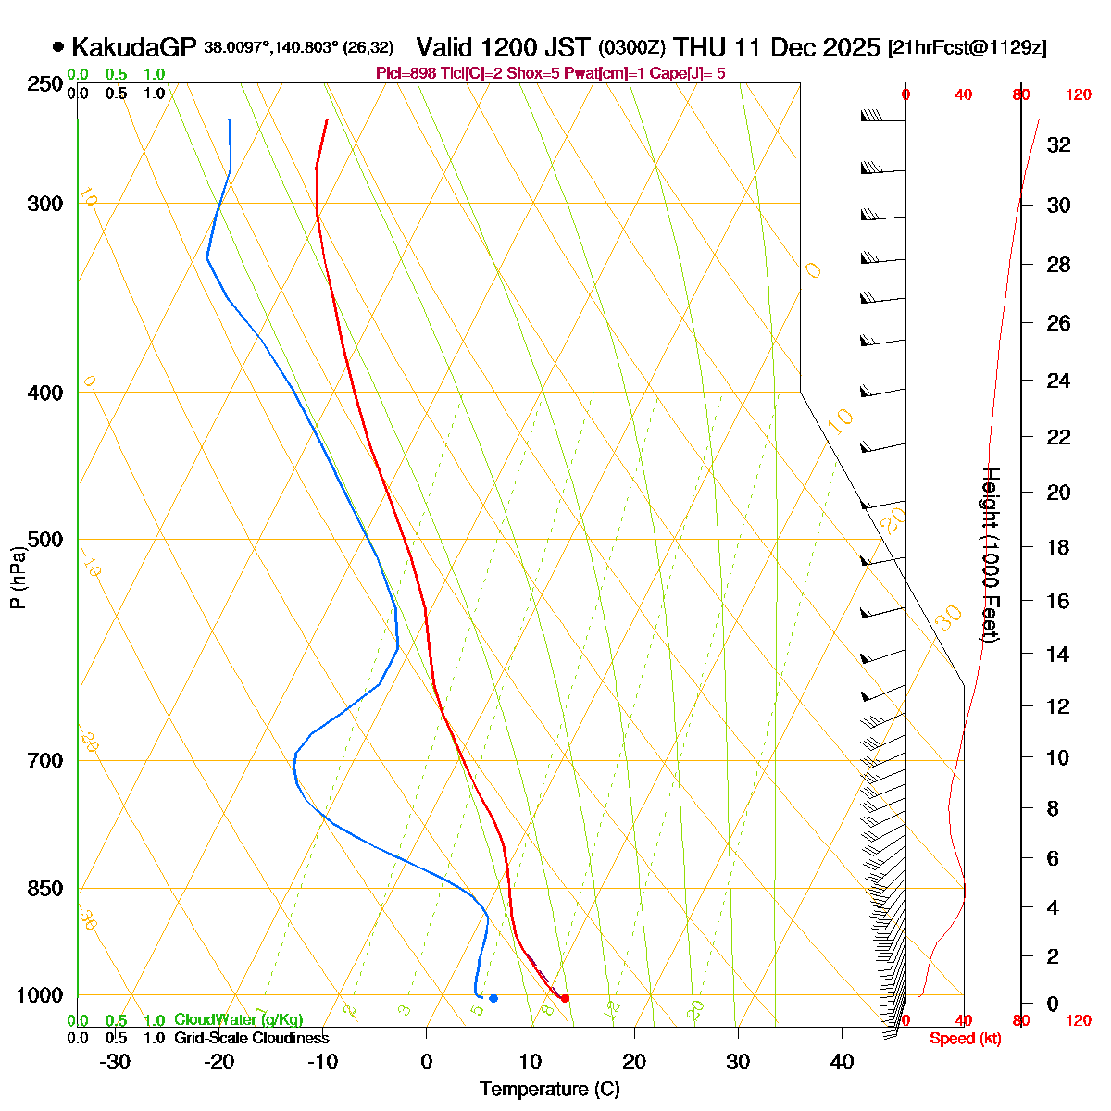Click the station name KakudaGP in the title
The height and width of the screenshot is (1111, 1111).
pos(134,47)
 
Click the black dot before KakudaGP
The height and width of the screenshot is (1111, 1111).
pos(58,46)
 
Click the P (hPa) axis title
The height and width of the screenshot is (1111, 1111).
pos(18,578)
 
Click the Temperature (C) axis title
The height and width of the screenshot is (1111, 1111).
pos(549,1089)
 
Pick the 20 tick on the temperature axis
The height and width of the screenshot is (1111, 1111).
pos(634,1061)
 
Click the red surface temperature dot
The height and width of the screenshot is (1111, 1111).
pos(565,997)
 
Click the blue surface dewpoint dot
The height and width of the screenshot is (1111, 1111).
pos(493,998)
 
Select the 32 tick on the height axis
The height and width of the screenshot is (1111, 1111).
pos(1058,144)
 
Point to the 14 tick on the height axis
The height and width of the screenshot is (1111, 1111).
pos(1057,655)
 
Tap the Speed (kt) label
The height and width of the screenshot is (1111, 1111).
pos(965,1039)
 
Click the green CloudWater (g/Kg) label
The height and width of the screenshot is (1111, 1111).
pos(239,1019)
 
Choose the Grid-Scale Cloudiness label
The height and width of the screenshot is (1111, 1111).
pos(251,1038)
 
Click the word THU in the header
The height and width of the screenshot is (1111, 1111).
pos(700,47)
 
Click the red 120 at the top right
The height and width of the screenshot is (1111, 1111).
pos(1078,94)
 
